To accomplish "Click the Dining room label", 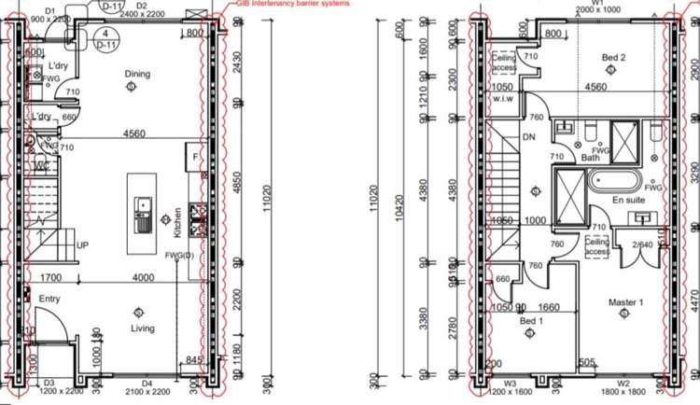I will [137, 74].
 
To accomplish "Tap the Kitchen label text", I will [176, 221].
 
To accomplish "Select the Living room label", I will [137, 328].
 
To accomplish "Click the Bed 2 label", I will [613, 59].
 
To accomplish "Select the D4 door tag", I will [147, 384].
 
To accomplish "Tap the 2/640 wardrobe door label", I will [642, 244].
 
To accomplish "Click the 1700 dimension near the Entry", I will [51, 277].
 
